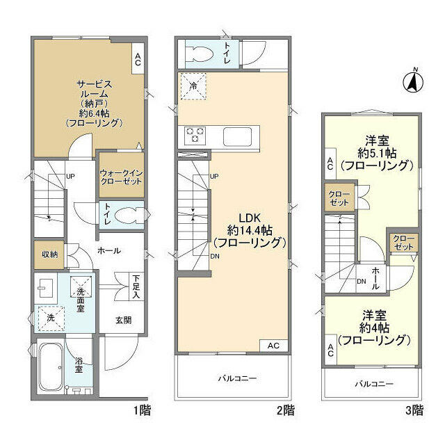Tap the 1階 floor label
[x=143, y=410]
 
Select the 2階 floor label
[x=286, y=410]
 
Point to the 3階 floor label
[x=414, y=410]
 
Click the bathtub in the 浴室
[x=50, y=367]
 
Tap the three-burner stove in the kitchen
[x=195, y=134]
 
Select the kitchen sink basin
[x=238, y=136]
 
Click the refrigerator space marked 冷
[x=193, y=86]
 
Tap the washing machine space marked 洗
[x=51, y=318]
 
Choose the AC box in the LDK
[x=274, y=346]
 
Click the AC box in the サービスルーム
[x=138, y=58]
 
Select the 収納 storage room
[x=49, y=254]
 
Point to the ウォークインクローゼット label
[x=121, y=177]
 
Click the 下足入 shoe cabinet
[x=136, y=286]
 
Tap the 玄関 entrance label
[x=124, y=321]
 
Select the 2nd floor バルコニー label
[x=237, y=378]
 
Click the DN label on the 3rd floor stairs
[x=362, y=282]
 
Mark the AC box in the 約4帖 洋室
[x=331, y=350]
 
